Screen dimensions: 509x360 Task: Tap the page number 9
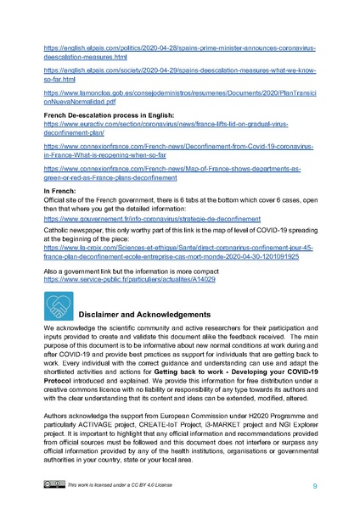click(x=314, y=485)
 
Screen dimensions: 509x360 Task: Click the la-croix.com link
click(x=179, y=252)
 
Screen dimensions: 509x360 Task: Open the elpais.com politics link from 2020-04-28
click(x=179, y=49)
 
